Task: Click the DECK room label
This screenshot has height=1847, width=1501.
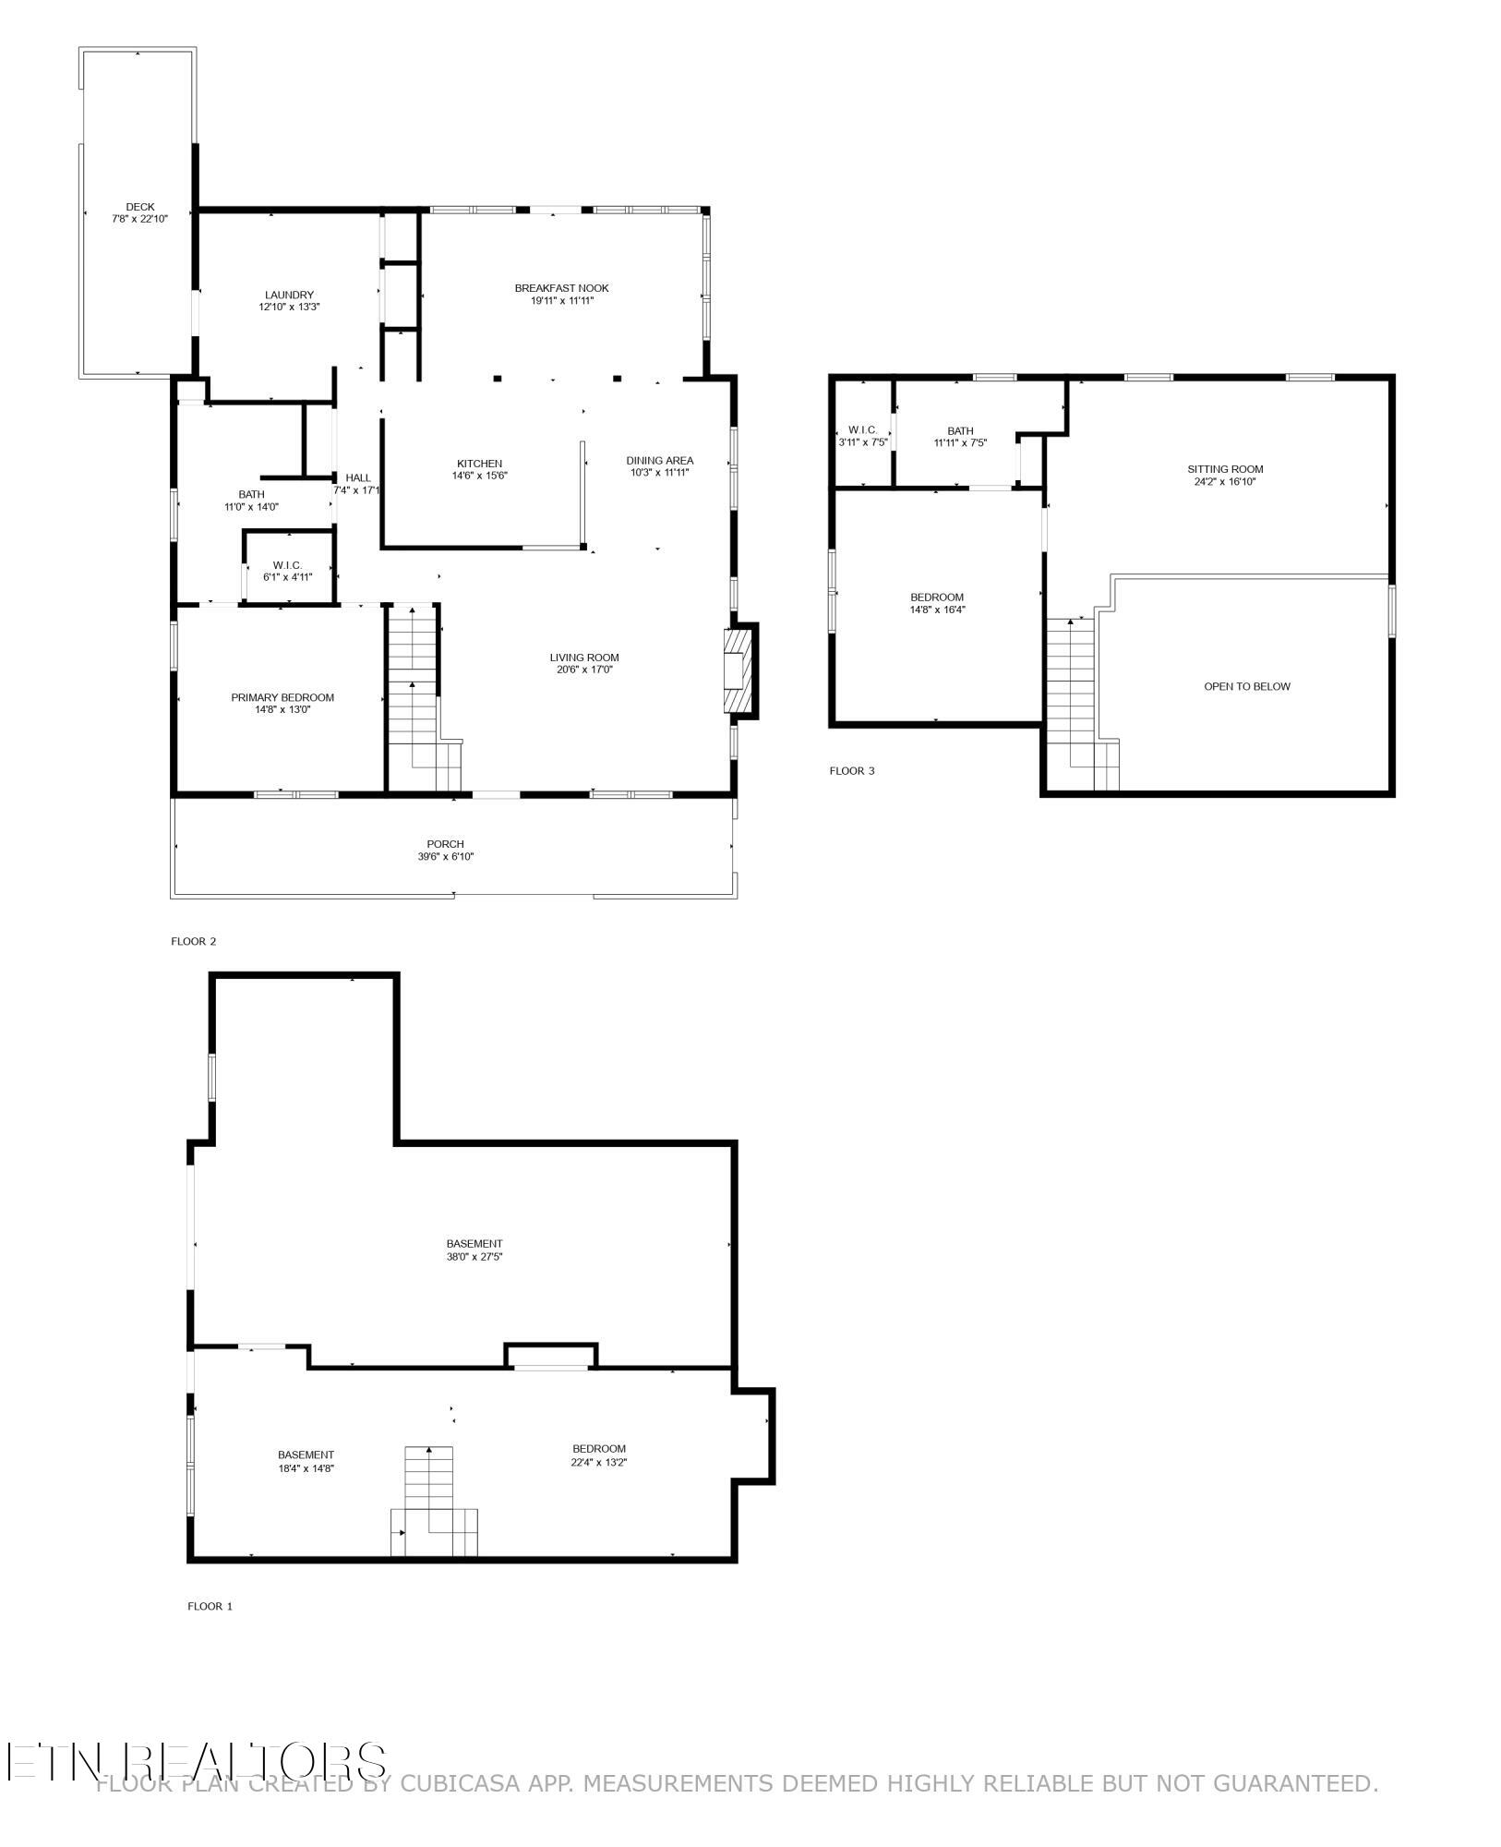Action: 140,207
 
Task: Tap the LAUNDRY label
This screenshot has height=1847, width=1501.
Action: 289,296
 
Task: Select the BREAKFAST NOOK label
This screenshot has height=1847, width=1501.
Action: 561,288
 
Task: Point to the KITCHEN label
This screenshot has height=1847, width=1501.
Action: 479,464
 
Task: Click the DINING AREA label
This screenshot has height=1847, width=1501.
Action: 659,461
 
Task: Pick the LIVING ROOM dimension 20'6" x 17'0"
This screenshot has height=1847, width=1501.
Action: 584,670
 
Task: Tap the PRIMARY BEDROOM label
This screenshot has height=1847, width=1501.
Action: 282,697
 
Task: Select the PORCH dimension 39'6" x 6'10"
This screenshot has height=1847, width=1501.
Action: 445,857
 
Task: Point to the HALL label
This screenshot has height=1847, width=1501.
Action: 358,477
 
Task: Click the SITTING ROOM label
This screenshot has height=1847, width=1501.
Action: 1225,469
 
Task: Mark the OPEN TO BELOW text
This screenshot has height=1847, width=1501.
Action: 1247,686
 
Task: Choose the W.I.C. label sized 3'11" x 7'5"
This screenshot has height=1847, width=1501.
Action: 862,430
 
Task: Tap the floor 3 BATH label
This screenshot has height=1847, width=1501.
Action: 960,431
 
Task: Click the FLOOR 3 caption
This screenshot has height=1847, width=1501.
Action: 851,771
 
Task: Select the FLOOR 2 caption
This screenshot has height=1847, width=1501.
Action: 193,941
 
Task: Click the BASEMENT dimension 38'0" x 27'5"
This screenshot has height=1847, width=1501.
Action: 474,1256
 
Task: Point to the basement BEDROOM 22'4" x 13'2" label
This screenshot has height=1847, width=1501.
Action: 599,1448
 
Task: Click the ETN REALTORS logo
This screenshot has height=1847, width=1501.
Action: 197,1761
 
